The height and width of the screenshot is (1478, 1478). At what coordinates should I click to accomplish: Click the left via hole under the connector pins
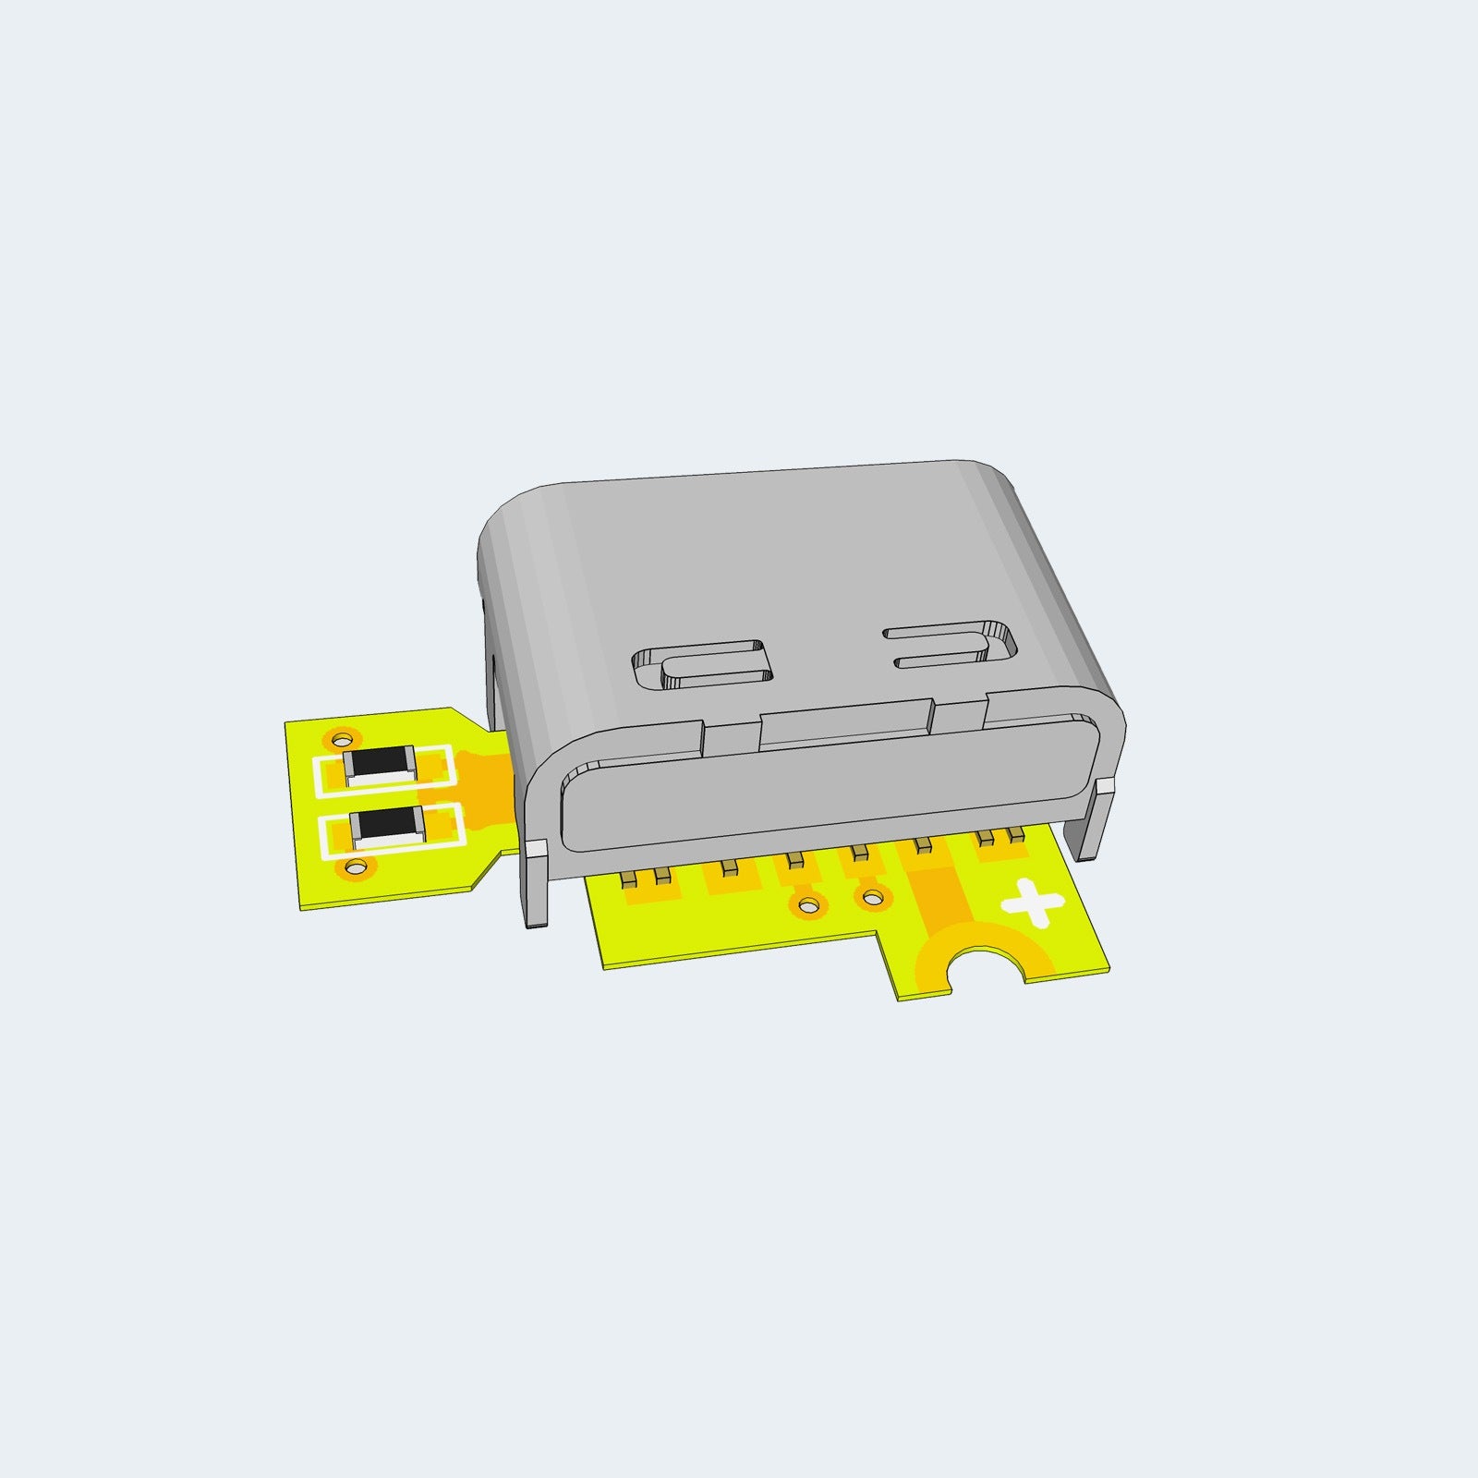(x=808, y=904)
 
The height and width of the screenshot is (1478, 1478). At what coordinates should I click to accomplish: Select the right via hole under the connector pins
(x=871, y=895)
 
